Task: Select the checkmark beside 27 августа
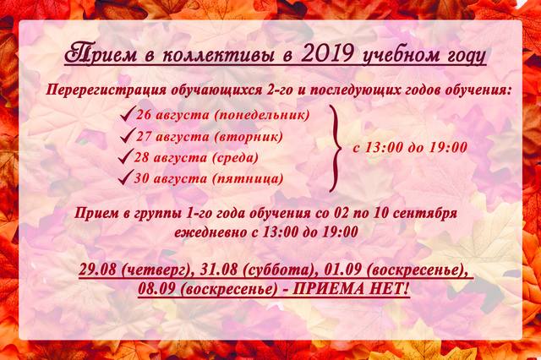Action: (127, 135)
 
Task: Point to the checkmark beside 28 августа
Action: (125, 156)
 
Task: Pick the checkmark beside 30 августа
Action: (125, 177)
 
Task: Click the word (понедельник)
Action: (262, 115)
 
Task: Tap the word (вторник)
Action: (249, 137)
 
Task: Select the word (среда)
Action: (235, 158)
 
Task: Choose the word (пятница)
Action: (248, 179)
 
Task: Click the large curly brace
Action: (335, 148)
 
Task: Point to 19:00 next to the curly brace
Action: (448, 148)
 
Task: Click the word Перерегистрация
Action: (106, 90)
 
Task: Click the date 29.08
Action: (97, 270)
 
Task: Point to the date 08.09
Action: (157, 289)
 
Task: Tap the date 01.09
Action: (342, 270)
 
